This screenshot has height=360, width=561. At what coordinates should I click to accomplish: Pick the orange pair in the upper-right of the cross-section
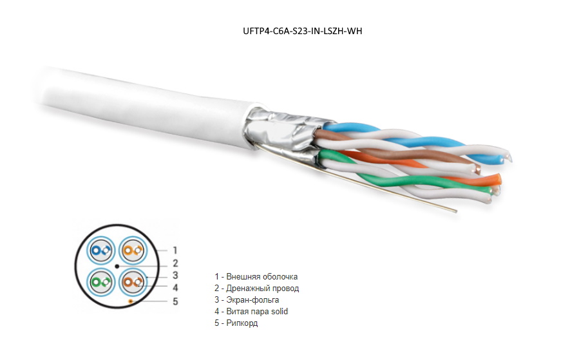click(132, 251)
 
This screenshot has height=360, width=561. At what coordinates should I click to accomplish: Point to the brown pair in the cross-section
click(132, 282)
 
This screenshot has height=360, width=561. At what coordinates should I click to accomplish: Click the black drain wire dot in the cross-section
click(116, 266)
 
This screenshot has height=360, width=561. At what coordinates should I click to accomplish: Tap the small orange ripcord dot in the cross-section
click(131, 301)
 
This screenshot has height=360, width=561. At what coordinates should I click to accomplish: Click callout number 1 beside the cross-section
click(175, 250)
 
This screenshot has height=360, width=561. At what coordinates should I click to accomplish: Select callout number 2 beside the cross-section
click(175, 263)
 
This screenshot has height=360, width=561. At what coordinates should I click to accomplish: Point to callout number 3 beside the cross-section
click(175, 275)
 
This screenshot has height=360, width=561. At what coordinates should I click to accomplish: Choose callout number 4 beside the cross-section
click(175, 287)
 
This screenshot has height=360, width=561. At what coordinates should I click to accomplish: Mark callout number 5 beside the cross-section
click(175, 301)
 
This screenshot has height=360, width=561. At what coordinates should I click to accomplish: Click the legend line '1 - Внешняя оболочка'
click(256, 277)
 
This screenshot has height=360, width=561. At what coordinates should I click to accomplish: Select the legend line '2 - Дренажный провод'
click(256, 289)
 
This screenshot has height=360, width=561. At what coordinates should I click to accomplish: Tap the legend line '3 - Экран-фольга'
click(247, 300)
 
